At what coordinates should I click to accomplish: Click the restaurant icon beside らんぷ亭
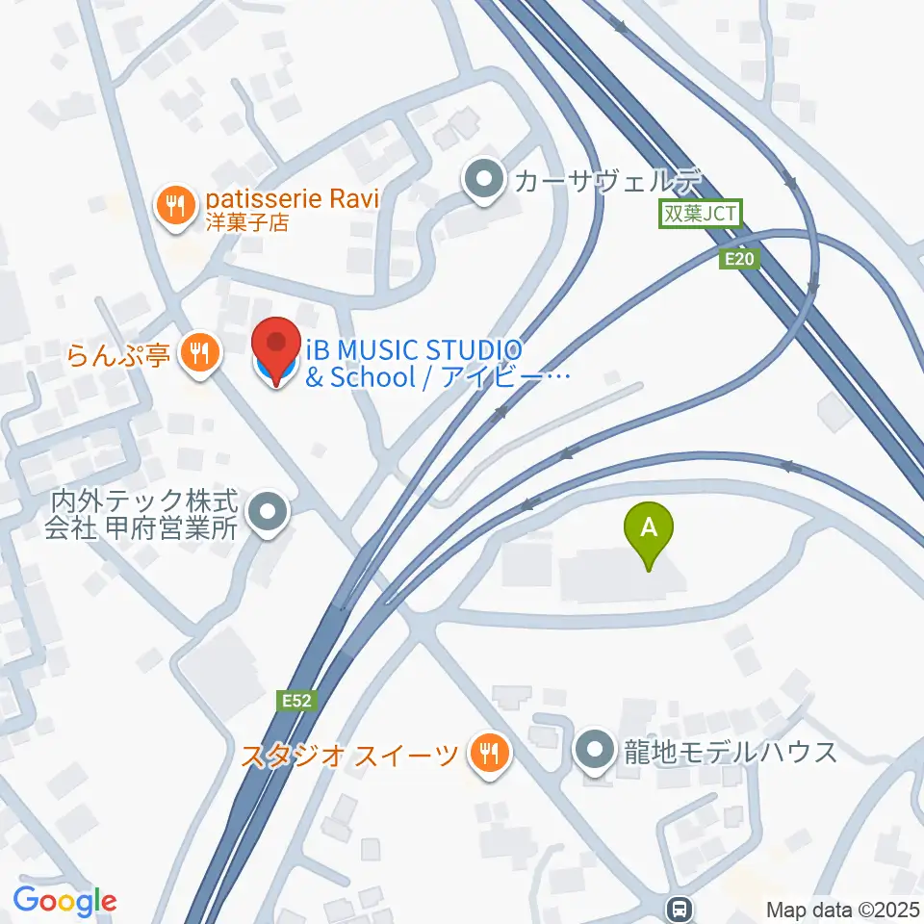click(199, 353)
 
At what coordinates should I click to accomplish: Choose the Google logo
click(64, 900)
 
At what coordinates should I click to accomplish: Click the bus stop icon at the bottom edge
click(680, 908)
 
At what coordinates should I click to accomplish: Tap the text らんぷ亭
click(119, 355)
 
